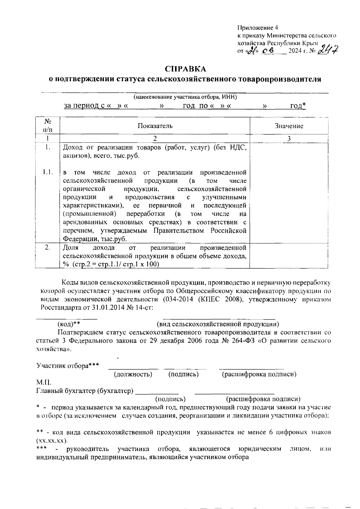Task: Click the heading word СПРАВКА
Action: click(x=186, y=69)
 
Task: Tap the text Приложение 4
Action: click(x=258, y=28)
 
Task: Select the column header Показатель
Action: click(x=155, y=126)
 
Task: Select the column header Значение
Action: click(x=289, y=126)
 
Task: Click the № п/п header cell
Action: click(x=47, y=126)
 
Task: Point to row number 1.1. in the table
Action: click(x=48, y=172)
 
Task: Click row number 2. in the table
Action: click(x=47, y=248)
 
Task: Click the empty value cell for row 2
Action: click(x=289, y=255)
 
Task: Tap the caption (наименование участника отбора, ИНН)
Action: click(x=185, y=97)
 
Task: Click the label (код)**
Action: click(x=69, y=324)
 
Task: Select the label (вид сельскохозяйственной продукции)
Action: click(x=218, y=324)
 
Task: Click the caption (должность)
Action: click(x=133, y=374)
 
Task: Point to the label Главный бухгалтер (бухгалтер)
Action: click(x=85, y=391)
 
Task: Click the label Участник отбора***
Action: click(x=67, y=366)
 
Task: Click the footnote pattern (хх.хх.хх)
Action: click(x=52, y=441)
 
